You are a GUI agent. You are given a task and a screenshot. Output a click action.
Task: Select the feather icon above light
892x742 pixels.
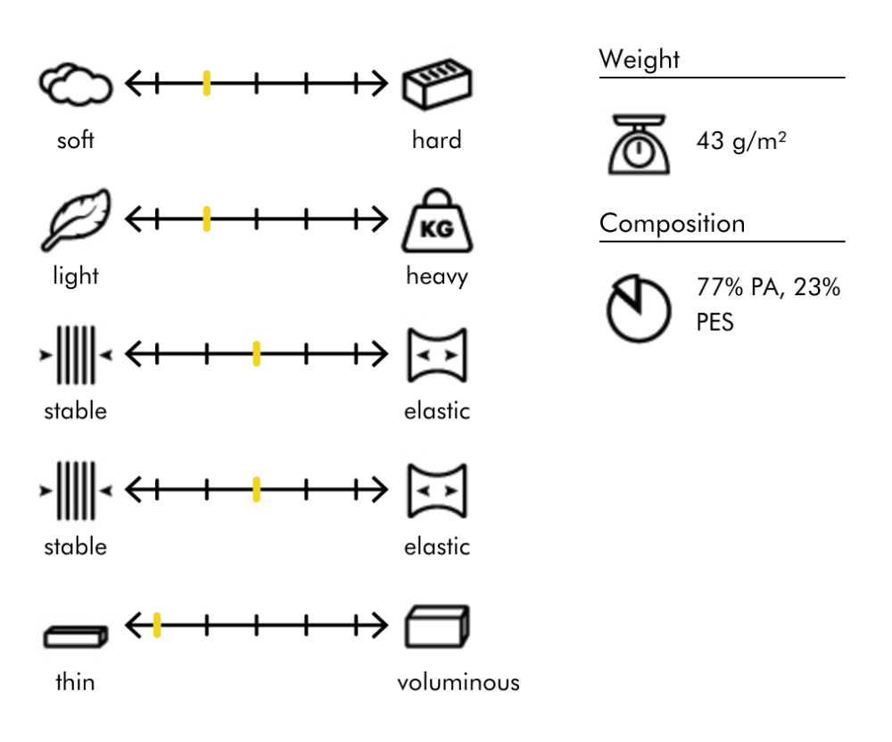coord(75,218)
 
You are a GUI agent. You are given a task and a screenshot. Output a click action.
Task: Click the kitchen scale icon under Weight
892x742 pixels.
coord(637,142)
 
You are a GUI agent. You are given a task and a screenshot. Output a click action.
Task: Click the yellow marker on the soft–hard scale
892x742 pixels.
coord(206,85)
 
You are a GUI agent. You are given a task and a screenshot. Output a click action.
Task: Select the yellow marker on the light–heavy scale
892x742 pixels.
coord(206,218)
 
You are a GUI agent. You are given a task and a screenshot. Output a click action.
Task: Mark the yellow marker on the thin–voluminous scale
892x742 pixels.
coord(157,625)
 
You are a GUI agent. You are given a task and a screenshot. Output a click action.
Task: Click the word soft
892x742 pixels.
coord(75,141)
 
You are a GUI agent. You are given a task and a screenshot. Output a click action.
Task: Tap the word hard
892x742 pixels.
coord(436,140)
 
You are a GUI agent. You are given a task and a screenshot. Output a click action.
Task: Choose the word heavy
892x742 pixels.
coord(436,276)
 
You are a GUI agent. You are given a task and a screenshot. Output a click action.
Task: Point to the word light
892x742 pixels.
coord(75,276)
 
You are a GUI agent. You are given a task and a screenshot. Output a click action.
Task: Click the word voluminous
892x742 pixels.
coord(458,683)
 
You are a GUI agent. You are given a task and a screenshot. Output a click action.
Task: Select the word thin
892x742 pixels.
coord(75,683)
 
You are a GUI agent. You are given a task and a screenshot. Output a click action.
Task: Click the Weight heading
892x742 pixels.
coord(639,61)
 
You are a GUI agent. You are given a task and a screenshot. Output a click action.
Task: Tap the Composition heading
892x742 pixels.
coord(672,223)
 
